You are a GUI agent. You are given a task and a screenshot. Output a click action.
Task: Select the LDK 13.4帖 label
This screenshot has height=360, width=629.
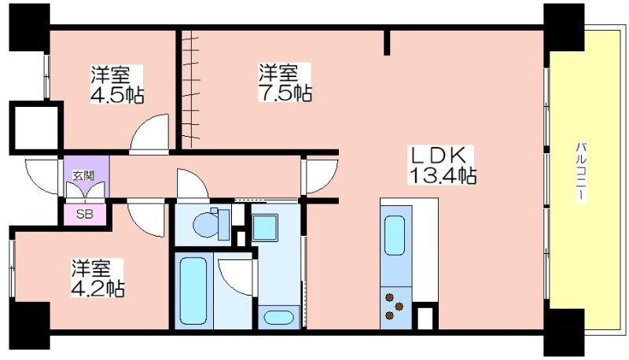click(x=442, y=165)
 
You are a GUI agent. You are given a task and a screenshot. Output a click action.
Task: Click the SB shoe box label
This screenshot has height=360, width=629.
click(x=85, y=214)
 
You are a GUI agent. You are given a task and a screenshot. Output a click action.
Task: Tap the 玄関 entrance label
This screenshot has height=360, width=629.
click(x=83, y=175)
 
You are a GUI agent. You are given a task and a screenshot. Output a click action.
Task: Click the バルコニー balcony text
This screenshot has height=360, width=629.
click(x=580, y=172)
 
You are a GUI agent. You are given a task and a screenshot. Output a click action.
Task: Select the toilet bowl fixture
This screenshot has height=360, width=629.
click(x=211, y=224)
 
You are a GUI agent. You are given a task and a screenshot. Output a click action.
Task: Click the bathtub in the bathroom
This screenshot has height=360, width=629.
click(x=193, y=290)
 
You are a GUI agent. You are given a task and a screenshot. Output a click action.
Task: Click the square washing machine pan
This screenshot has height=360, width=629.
click(x=265, y=227)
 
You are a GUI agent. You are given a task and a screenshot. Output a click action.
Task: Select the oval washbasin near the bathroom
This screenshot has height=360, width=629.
click(x=278, y=318)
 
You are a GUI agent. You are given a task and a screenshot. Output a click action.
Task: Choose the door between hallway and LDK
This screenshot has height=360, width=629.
click(x=322, y=176)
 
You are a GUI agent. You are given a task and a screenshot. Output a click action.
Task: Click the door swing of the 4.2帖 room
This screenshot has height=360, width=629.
click(x=146, y=219)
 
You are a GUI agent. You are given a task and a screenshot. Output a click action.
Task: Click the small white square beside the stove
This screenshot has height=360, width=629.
click(x=425, y=318)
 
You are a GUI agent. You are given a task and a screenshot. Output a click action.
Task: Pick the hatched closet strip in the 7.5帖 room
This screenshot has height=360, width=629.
click(x=190, y=89)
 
